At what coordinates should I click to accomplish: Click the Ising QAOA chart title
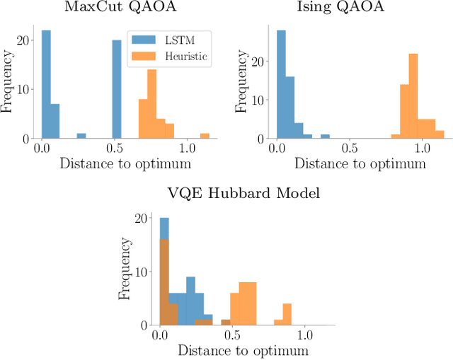[x=350, y=8]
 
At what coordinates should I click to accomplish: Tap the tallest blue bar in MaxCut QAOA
[x=46, y=85]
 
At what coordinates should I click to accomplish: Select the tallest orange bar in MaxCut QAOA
[x=151, y=104]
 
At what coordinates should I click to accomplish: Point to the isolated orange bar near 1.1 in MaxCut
[x=205, y=136]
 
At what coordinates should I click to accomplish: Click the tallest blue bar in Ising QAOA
[x=281, y=85]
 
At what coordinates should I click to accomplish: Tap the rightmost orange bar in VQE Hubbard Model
[x=287, y=315]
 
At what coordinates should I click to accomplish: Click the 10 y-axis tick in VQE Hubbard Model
[x=143, y=272]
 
